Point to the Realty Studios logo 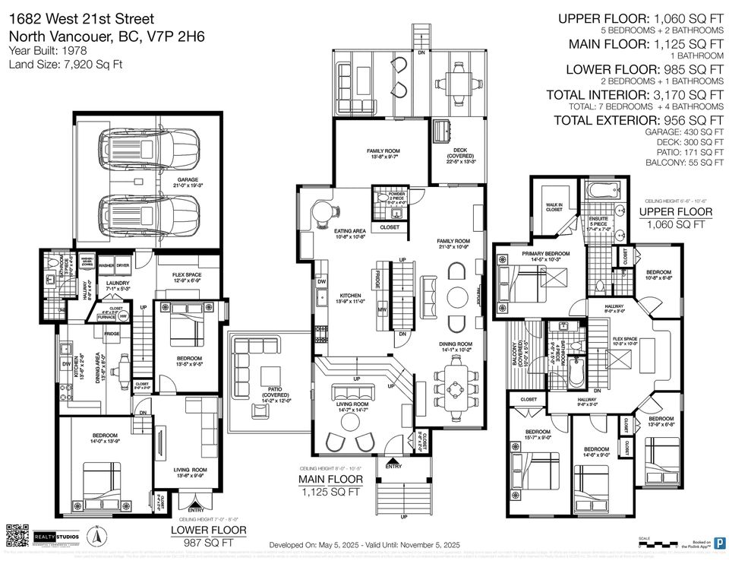click(59, 537)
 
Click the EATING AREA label click(350, 232)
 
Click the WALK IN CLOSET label click(553, 206)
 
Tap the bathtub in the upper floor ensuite click(601, 188)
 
